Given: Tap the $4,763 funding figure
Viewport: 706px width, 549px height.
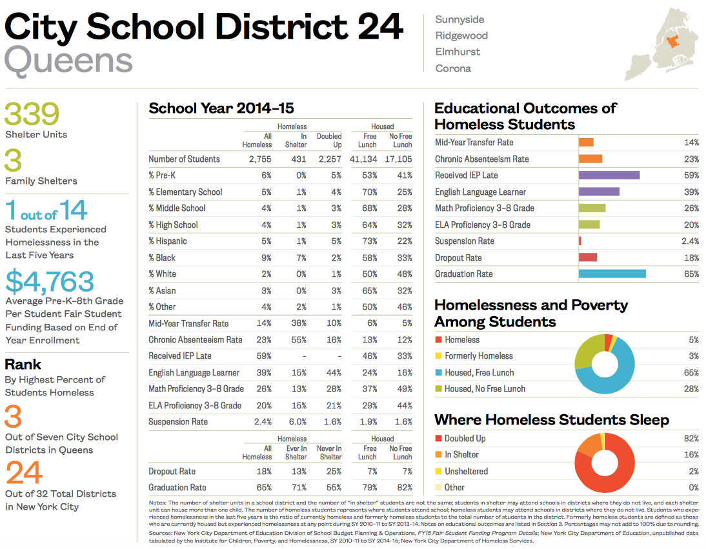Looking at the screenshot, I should (x=50, y=282).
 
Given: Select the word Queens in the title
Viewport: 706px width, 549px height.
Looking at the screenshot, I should (x=68, y=61).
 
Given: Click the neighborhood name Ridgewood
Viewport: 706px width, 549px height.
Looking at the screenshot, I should (x=461, y=35).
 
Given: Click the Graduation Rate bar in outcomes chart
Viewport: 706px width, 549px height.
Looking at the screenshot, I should (x=612, y=274).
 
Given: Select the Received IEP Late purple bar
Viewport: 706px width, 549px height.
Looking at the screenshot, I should (x=609, y=175).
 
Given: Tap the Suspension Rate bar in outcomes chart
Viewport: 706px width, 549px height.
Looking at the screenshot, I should (x=580, y=241).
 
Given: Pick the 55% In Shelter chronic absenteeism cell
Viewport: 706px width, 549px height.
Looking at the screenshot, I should (x=298, y=340).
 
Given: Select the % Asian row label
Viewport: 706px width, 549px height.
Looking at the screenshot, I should (x=163, y=290).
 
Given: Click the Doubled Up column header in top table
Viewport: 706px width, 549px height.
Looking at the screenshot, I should (x=329, y=141).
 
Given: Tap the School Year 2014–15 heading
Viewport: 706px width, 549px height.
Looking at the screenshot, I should (x=221, y=108).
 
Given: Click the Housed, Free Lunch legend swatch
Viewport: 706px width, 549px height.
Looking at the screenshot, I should (x=438, y=373).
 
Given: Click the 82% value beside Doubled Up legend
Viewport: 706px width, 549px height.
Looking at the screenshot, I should (x=691, y=439).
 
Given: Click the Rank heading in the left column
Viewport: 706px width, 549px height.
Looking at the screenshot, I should (x=23, y=364).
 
